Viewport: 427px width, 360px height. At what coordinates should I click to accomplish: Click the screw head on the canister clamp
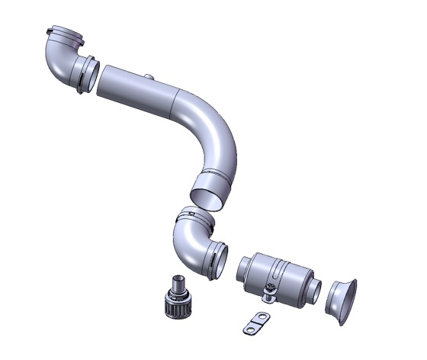268,288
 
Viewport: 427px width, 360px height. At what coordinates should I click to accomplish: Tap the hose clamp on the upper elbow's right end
87,73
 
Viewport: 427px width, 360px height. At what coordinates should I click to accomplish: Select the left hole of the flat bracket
249,327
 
